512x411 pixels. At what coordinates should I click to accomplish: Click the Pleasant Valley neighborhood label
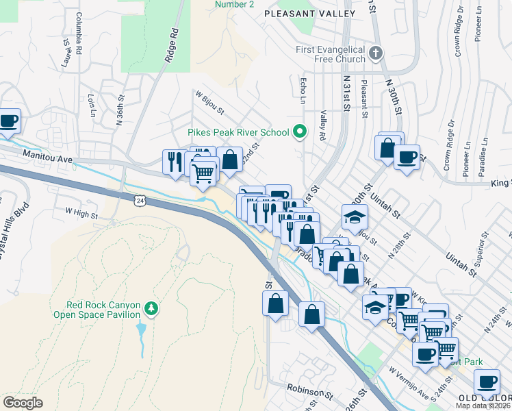pyautogui.click(x=310, y=14)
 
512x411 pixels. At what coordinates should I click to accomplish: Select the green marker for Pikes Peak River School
pyautogui.click(x=298, y=131)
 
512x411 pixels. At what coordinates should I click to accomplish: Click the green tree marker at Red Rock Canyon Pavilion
pyautogui.click(x=152, y=310)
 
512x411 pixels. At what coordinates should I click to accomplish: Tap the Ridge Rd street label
pyautogui.click(x=172, y=46)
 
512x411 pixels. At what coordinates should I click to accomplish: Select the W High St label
pyautogui.click(x=81, y=214)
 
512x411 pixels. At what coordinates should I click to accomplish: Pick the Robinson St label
pyautogui.click(x=309, y=395)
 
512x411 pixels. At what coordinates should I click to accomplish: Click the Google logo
pyautogui.click(x=23, y=403)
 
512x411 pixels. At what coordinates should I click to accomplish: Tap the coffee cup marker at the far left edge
pyautogui.click(x=9, y=121)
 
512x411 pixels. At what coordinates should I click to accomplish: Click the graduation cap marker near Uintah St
pyautogui.click(x=354, y=216)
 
